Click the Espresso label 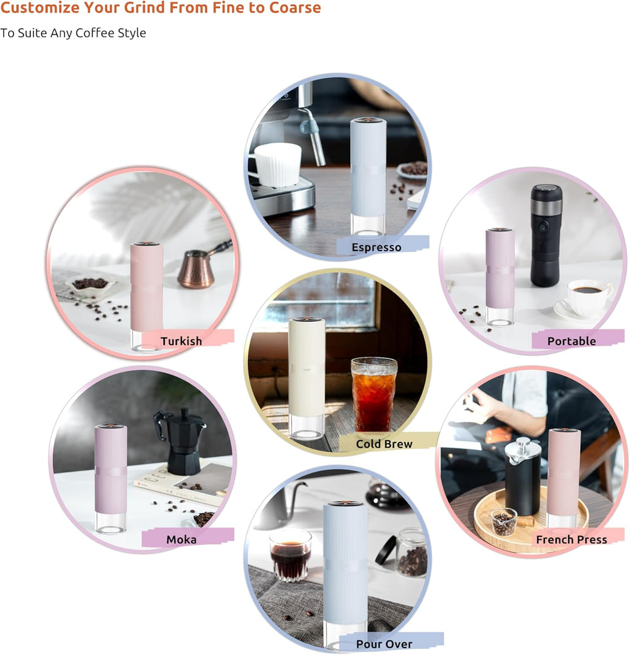[376, 247]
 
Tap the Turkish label [181, 341]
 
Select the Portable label [572, 341]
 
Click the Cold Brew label [384, 444]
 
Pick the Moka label [181, 540]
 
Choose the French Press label [571, 540]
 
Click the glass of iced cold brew [373, 395]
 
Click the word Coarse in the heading [295, 8]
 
